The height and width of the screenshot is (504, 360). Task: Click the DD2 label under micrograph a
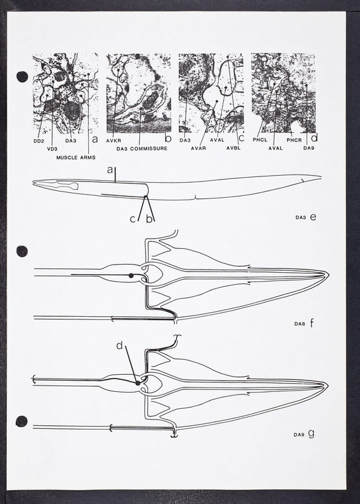38,140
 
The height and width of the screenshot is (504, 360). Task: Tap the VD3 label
52,149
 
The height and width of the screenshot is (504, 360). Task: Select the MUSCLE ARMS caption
76,157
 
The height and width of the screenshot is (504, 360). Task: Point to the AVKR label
113,140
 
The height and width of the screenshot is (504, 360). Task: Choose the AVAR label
198,148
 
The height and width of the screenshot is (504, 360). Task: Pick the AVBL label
233,148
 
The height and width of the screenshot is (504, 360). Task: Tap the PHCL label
260,140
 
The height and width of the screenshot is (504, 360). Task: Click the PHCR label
294,140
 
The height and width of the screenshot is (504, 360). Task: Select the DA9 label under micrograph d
309,148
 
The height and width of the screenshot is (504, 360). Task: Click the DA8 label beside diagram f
299,324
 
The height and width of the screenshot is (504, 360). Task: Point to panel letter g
311,434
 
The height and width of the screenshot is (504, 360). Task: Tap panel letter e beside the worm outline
313,217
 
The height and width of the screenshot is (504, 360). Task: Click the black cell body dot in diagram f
131,275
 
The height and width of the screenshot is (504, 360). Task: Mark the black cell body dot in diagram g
137,383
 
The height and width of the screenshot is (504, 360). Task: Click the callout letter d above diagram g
120,346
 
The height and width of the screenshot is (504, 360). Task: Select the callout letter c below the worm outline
132,219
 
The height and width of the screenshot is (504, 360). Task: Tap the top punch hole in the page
22,76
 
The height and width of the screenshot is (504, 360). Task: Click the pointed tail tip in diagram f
328,274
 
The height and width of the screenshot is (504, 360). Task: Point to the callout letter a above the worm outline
110,169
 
